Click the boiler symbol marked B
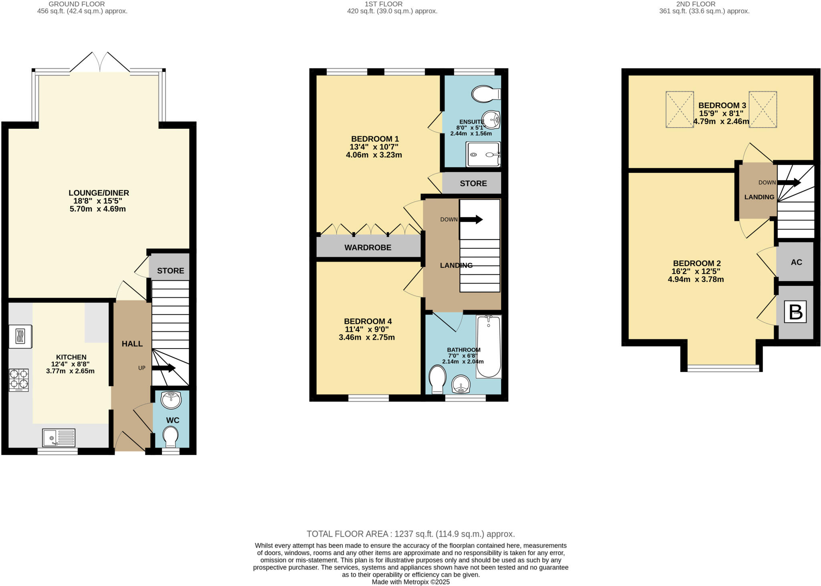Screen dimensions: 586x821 pyautogui.click(x=795, y=312)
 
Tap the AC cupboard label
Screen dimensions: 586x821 pyautogui.click(x=796, y=262)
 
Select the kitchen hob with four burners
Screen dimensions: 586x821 pyautogui.click(x=19, y=380)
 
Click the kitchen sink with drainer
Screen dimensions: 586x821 pyautogui.click(x=59, y=438)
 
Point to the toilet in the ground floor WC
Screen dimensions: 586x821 pyautogui.click(x=171, y=436)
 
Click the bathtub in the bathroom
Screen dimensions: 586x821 pyautogui.click(x=489, y=347)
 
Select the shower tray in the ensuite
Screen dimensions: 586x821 pyautogui.click(x=483, y=154)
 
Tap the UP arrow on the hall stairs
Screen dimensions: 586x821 pyautogui.click(x=164, y=368)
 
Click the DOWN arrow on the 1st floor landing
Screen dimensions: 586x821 pyautogui.click(x=471, y=219)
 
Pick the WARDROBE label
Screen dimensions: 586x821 pyautogui.click(x=368, y=247)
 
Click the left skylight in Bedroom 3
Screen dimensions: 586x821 pyautogui.click(x=679, y=109)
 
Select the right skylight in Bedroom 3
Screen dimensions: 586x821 pyautogui.click(x=763, y=109)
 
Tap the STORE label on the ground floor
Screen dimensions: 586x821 pyautogui.click(x=170, y=271)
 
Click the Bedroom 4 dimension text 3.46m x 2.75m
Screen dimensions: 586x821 pyautogui.click(x=366, y=337)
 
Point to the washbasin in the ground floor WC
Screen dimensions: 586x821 pyautogui.click(x=171, y=400)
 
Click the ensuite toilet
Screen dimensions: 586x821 pyautogui.click(x=485, y=94)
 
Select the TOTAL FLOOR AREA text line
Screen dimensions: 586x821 pyautogui.click(x=410, y=534)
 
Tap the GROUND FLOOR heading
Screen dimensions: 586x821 pyautogui.click(x=77, y=4)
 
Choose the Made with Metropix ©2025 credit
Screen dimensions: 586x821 pyautogui.click(x=410, y=582)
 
